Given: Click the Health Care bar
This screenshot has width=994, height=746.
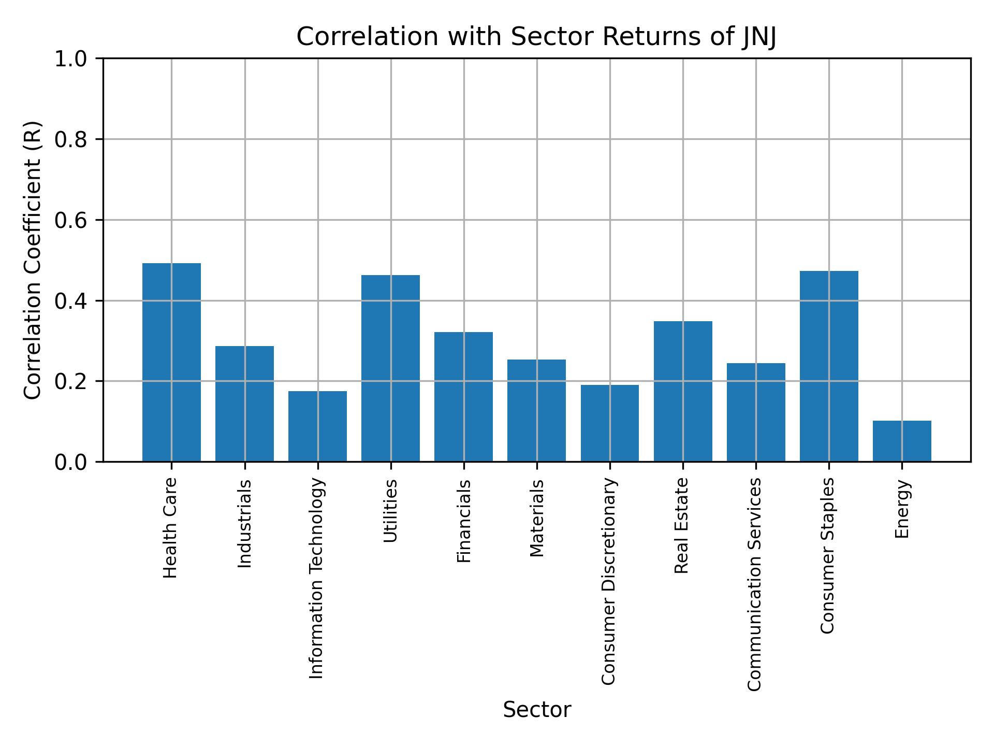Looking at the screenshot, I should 171,362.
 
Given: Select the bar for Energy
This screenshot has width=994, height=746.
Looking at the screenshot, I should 902,441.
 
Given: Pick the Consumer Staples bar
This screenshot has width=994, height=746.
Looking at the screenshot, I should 829,366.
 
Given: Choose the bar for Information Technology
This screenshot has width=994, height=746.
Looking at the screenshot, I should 317,426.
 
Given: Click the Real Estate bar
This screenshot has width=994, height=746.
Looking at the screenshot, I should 683,391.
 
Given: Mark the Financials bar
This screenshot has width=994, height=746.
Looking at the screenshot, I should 463,396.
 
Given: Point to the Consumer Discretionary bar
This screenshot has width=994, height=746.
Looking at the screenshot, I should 609,423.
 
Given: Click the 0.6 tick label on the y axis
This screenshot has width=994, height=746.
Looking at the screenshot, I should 71,220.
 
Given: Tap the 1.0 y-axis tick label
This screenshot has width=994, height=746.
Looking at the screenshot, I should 71,59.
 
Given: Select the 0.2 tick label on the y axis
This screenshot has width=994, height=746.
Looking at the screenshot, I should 71,381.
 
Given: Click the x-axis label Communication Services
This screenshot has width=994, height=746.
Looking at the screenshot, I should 755,584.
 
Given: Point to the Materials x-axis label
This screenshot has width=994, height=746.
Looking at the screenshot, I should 537,518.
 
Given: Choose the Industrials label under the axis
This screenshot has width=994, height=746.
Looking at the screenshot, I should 244,523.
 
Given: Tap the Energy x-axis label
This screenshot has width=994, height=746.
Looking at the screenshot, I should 902,509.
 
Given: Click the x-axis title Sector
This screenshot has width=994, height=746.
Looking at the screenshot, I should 537,710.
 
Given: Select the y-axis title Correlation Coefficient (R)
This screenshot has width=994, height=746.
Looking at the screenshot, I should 32,260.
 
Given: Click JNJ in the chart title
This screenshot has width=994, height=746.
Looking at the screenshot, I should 759,37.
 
